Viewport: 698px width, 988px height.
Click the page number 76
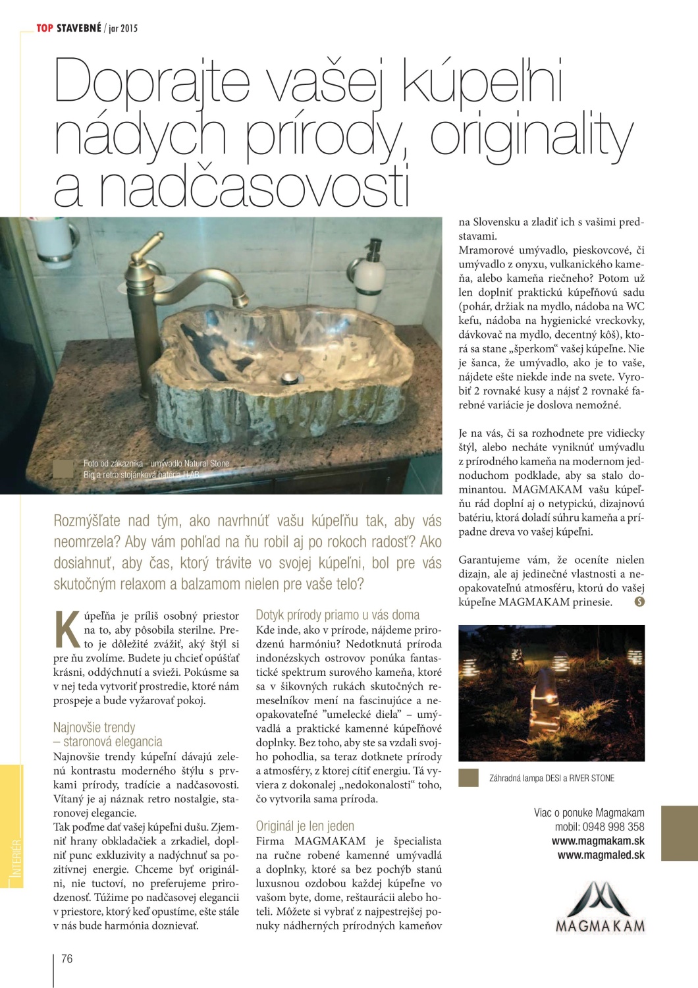coord(67,958)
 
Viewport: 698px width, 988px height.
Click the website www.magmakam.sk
coord(598,841)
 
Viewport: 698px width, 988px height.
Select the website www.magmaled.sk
coord(601,856)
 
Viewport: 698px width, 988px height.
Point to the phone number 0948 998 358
coord(613,827)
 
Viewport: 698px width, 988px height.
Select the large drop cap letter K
coord(67,630)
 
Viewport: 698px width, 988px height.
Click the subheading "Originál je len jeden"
coord(305,826)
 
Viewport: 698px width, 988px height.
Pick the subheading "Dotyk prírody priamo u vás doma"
coord(337,615)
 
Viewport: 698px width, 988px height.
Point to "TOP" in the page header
coord(44,28)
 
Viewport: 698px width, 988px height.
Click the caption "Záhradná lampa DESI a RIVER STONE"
coord(551,778)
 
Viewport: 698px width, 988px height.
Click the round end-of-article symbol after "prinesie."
coord(639,601)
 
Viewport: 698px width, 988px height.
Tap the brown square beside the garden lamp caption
coord(468,778)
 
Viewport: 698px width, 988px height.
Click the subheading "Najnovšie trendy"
coord(94,727)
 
